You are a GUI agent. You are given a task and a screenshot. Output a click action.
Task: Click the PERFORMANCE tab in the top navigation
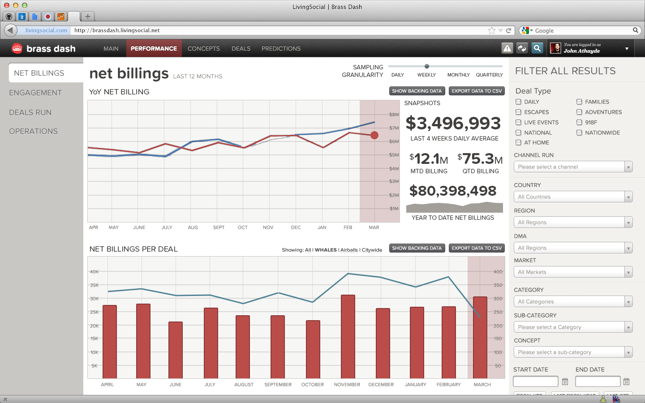coord(154,48)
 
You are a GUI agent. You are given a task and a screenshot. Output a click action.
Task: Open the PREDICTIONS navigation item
coord(281,48)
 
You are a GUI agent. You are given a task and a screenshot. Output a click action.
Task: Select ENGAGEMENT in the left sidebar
coord(35,93)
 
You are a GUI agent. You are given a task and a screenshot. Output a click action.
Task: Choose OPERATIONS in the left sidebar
coord(33,131)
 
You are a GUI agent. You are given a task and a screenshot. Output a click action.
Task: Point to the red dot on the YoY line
coord(374,135)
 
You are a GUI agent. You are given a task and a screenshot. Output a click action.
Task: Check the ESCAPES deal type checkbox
coord(518,112)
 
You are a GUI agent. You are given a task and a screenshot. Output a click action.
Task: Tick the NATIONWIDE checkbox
coord(579,133)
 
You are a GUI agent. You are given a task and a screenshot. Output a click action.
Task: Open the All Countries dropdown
coord(573,197)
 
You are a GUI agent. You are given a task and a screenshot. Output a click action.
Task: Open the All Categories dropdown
coord(573,301)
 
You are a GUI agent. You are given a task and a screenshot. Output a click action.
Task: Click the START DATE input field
coord(535,381)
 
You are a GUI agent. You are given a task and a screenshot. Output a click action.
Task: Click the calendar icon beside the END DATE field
coord(626,382)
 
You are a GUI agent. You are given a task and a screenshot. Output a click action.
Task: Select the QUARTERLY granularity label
coord(489,75)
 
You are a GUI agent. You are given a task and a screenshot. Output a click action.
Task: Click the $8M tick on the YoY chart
coord(394,115)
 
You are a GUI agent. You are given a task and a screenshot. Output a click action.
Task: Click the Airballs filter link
coord(349,250)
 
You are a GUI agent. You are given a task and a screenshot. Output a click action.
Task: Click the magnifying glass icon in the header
coord(537,48)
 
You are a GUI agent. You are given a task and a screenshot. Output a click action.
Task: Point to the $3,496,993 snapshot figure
coord(453,123)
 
